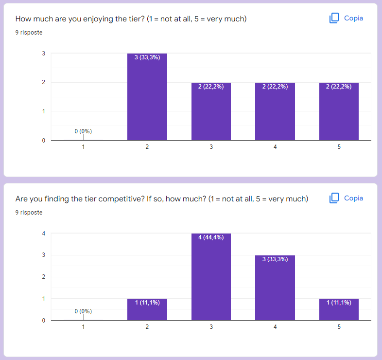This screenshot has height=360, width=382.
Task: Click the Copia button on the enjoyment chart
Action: pos(347,18)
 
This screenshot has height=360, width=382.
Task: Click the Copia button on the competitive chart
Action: pos(347,198)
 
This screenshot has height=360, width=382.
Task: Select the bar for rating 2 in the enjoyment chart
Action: pos(147,97)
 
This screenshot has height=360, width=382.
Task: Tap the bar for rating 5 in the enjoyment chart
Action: pos(339,112)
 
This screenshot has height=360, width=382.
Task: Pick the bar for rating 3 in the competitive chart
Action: pos(211,277)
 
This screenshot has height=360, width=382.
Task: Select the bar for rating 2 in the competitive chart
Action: pos(147,310)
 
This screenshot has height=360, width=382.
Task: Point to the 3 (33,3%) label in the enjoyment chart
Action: pos(147,57)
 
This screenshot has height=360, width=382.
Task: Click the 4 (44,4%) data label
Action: pos(211,237)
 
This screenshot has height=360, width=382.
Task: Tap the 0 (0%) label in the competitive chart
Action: pos(83,311)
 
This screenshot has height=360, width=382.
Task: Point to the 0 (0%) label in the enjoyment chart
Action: pos(83,131)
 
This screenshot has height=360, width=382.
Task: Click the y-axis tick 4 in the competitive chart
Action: pos(44,234)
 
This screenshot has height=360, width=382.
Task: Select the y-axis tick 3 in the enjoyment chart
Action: pos(44,54)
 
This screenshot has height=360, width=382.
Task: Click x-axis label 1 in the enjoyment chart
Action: pos(83,147)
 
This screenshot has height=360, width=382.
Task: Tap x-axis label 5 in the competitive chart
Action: pos(339,327)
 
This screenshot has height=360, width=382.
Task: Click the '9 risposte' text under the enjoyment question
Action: pos(29,33)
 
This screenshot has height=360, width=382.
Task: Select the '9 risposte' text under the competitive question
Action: pos(29,213)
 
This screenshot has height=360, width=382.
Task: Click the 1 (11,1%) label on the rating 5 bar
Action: pos(339,303)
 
